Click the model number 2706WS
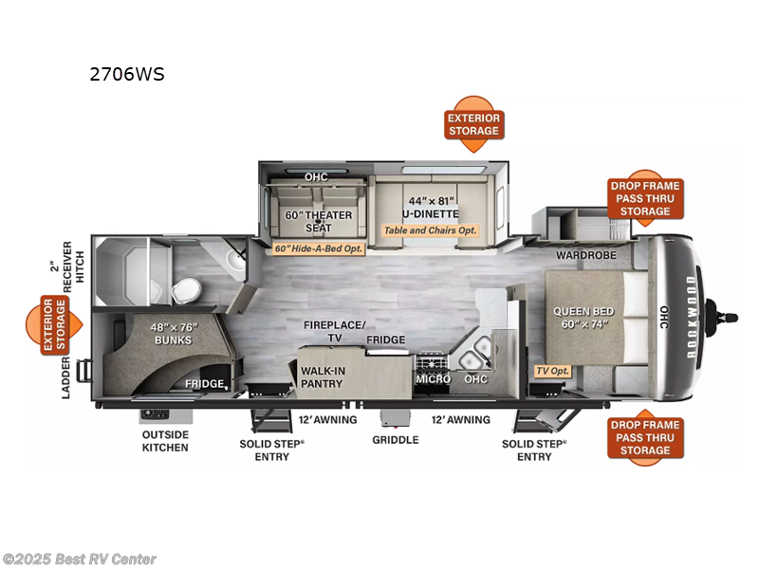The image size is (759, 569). point(127,74)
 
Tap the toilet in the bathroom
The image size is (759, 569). point(186,290)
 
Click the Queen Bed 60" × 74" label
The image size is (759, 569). point(583,318)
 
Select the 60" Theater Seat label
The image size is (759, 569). point(318,221)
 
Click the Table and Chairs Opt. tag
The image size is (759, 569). point(431,230)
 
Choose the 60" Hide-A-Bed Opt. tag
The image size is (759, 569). point(318,248)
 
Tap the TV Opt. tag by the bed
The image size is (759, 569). point(552,371)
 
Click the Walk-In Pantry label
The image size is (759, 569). point(323,376)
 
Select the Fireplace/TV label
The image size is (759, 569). point(335,331)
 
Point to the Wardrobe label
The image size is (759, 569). point(585,255)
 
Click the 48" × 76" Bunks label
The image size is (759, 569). point(174,334)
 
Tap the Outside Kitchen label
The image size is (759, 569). point(165,441)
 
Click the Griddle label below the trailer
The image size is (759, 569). point(396,440)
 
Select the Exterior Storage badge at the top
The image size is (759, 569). point(473,124)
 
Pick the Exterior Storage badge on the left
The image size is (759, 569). point(54,324)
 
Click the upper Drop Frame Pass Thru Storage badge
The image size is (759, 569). point(645,198)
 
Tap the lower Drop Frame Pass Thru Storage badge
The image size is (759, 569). point(645,437)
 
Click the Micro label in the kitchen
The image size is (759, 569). point(434,378)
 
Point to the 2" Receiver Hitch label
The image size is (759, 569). point(67,266)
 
